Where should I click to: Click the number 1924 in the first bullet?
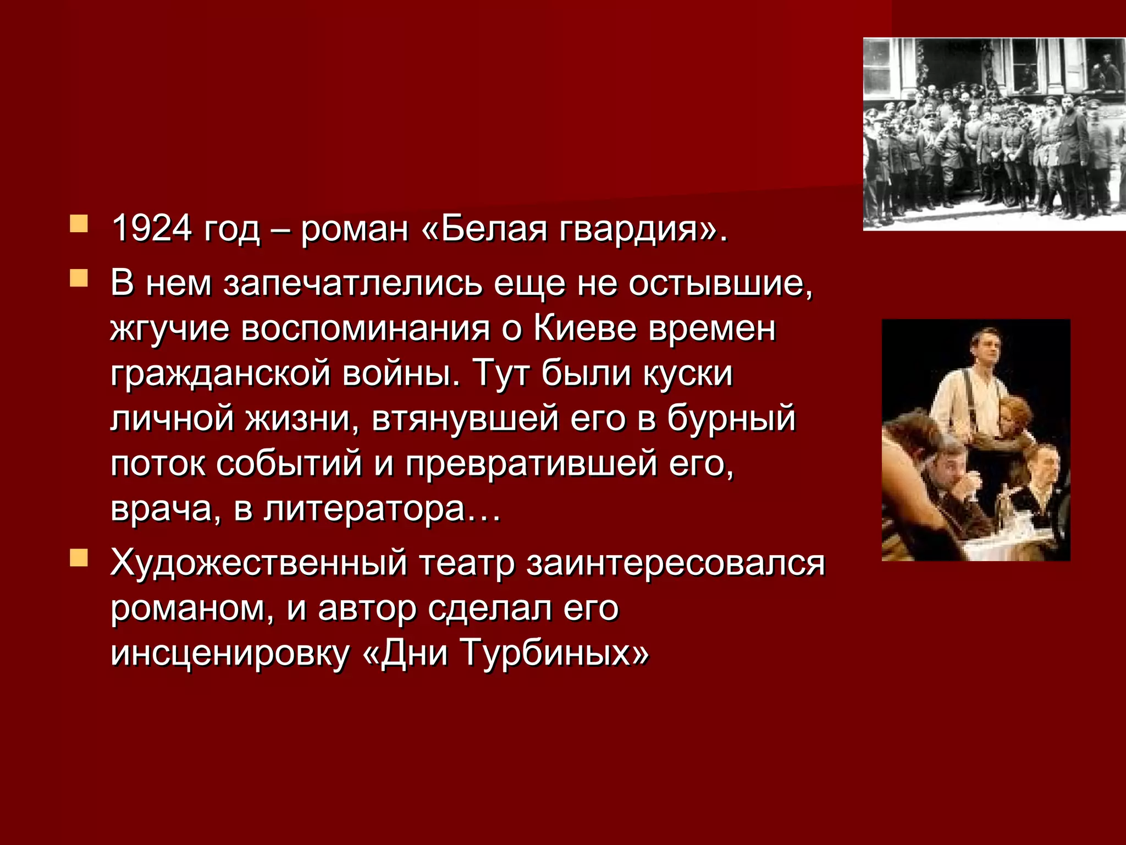click(152, 228)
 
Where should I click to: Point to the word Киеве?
click(585, 329)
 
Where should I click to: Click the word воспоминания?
click(366, 330)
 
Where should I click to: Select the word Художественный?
click(258, 564)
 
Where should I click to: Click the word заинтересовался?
click(676, 564)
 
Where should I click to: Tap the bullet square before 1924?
click(79, 224)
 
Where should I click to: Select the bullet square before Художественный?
click(79, 558)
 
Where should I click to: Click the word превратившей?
click(531, 464)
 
